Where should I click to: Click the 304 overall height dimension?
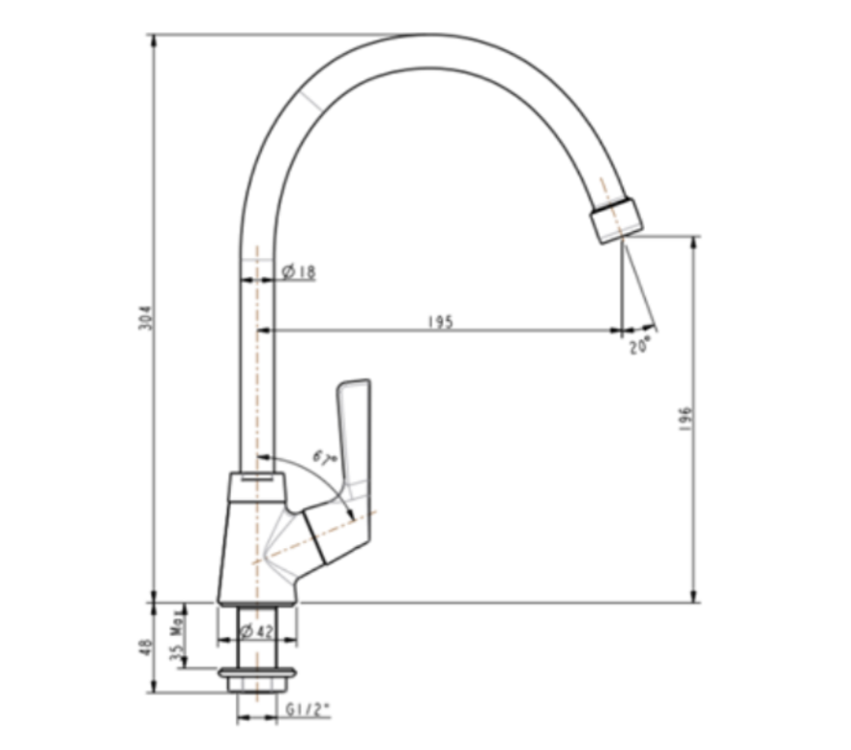(x=146, y=319)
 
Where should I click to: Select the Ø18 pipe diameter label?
(x=299, y=273)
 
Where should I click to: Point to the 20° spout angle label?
(x=639, y=345)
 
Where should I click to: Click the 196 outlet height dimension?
(x=686, y=418)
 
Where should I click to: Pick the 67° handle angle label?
(x=324, y=457)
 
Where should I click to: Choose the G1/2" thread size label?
(x=308, y=709)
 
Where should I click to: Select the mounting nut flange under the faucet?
(x=256, y=674)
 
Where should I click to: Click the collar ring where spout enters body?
(x=256, y=486)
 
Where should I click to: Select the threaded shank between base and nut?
(x=256, y=637)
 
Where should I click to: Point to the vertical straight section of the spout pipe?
(x=257, y=367)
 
